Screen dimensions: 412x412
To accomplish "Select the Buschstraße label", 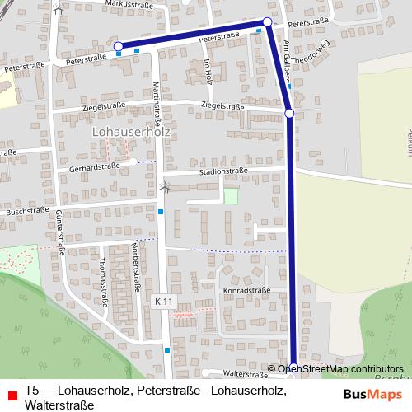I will click(25, 212).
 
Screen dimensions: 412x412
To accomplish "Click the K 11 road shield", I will click(163, 302).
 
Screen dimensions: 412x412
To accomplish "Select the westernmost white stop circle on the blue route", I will click(118, 46).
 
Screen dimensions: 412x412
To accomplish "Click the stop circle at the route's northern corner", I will click(267, 21).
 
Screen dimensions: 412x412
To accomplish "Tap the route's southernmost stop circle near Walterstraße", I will click(293, 368).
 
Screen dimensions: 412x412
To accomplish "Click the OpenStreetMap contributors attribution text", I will click(340, 369).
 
